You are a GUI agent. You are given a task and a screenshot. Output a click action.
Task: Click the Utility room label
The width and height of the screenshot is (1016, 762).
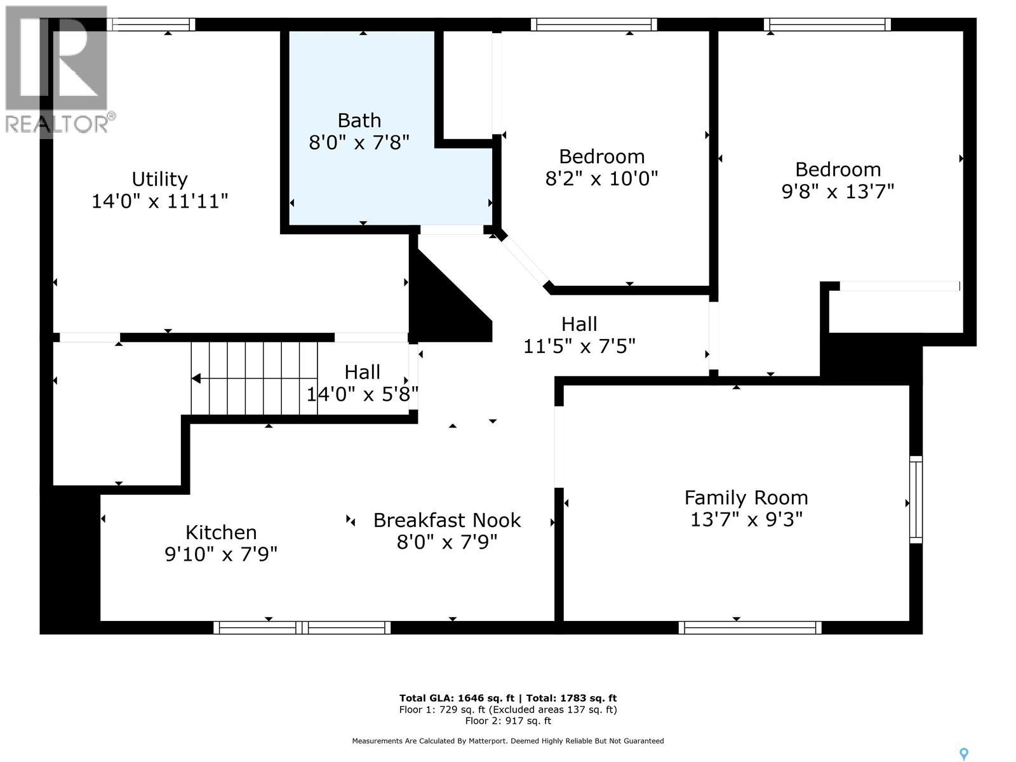pyautogui.click(x=159, y=179)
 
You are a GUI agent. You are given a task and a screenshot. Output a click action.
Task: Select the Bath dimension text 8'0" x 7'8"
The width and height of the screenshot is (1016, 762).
pyautogui.click(x=359, y=142)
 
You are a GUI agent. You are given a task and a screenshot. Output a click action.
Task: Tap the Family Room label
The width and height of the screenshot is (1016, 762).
pyautogui.click(x=746, y=498)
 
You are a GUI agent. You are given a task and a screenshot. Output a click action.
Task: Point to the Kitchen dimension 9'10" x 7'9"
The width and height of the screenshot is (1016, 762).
pyautogui.click(x=221, y=554)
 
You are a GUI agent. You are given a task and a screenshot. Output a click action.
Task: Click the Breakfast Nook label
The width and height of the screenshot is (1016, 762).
pyautogui.click(x=447, y=520)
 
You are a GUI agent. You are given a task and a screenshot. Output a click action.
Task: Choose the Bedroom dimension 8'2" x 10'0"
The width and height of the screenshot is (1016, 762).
pyautogui.click(x=601, y=178)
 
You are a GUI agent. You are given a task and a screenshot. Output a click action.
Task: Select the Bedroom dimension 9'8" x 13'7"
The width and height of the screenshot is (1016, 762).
pyautogui.click(x=838, y=191)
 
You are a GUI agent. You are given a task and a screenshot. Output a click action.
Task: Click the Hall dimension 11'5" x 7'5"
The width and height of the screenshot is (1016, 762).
pyautogui.click(x=579, y=346)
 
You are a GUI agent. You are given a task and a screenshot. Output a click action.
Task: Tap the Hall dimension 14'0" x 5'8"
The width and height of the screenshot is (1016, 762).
pyautogui.click(x=363, y=394)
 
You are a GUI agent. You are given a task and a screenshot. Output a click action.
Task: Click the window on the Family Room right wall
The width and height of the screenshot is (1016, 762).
pyautogui.click(x=916, y=500)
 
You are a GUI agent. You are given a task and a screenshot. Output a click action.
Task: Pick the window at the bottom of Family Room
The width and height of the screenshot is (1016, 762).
pyautogui.click(x=750, y=628)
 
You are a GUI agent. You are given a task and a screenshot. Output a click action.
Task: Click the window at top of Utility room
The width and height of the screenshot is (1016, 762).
pyautogui.click(x=151, y=25)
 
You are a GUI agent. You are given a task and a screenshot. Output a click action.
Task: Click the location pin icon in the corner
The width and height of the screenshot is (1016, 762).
pyautogui.click(x=964, y=754)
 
